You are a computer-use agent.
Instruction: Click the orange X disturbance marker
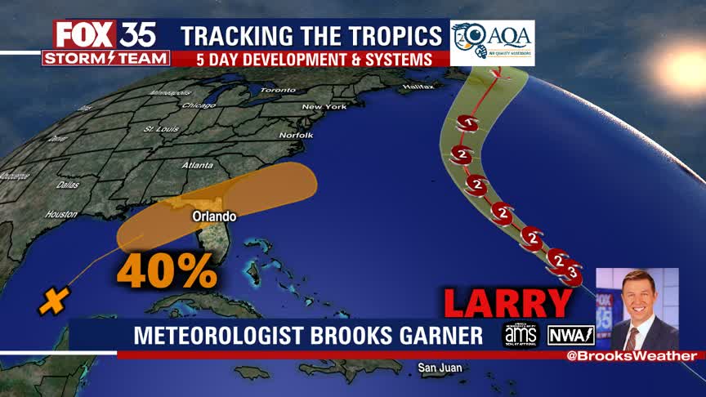coord(52,302)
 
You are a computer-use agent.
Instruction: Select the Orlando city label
coord(214,216)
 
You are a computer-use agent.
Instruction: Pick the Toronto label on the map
coord(277,89)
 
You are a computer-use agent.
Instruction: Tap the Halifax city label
coord(418,86)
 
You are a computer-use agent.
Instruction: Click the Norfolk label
coord(296,134)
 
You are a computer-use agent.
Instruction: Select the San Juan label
coord(440,368)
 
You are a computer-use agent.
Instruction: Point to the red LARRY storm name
coord(507,302)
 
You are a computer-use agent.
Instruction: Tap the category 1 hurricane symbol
coord(468,124)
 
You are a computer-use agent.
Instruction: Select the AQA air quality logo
coord(492,42)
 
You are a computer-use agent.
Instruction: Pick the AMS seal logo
coord(520,335)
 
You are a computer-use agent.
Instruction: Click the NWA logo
coord(570,335)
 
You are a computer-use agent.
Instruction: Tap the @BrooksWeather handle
coord(635,356)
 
